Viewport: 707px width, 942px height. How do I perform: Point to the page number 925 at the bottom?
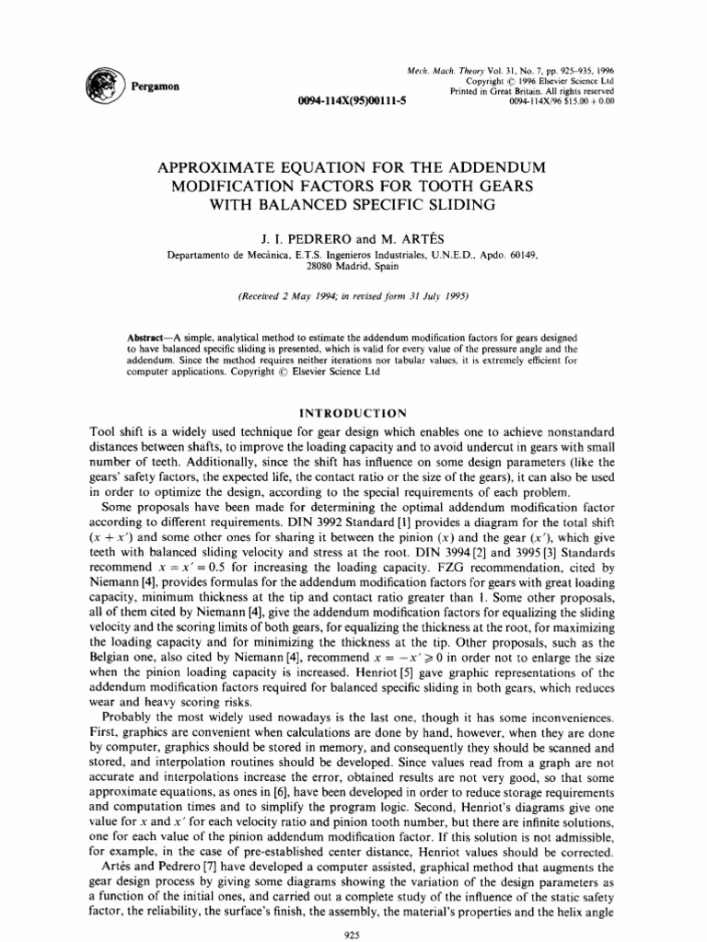(353, 926)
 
